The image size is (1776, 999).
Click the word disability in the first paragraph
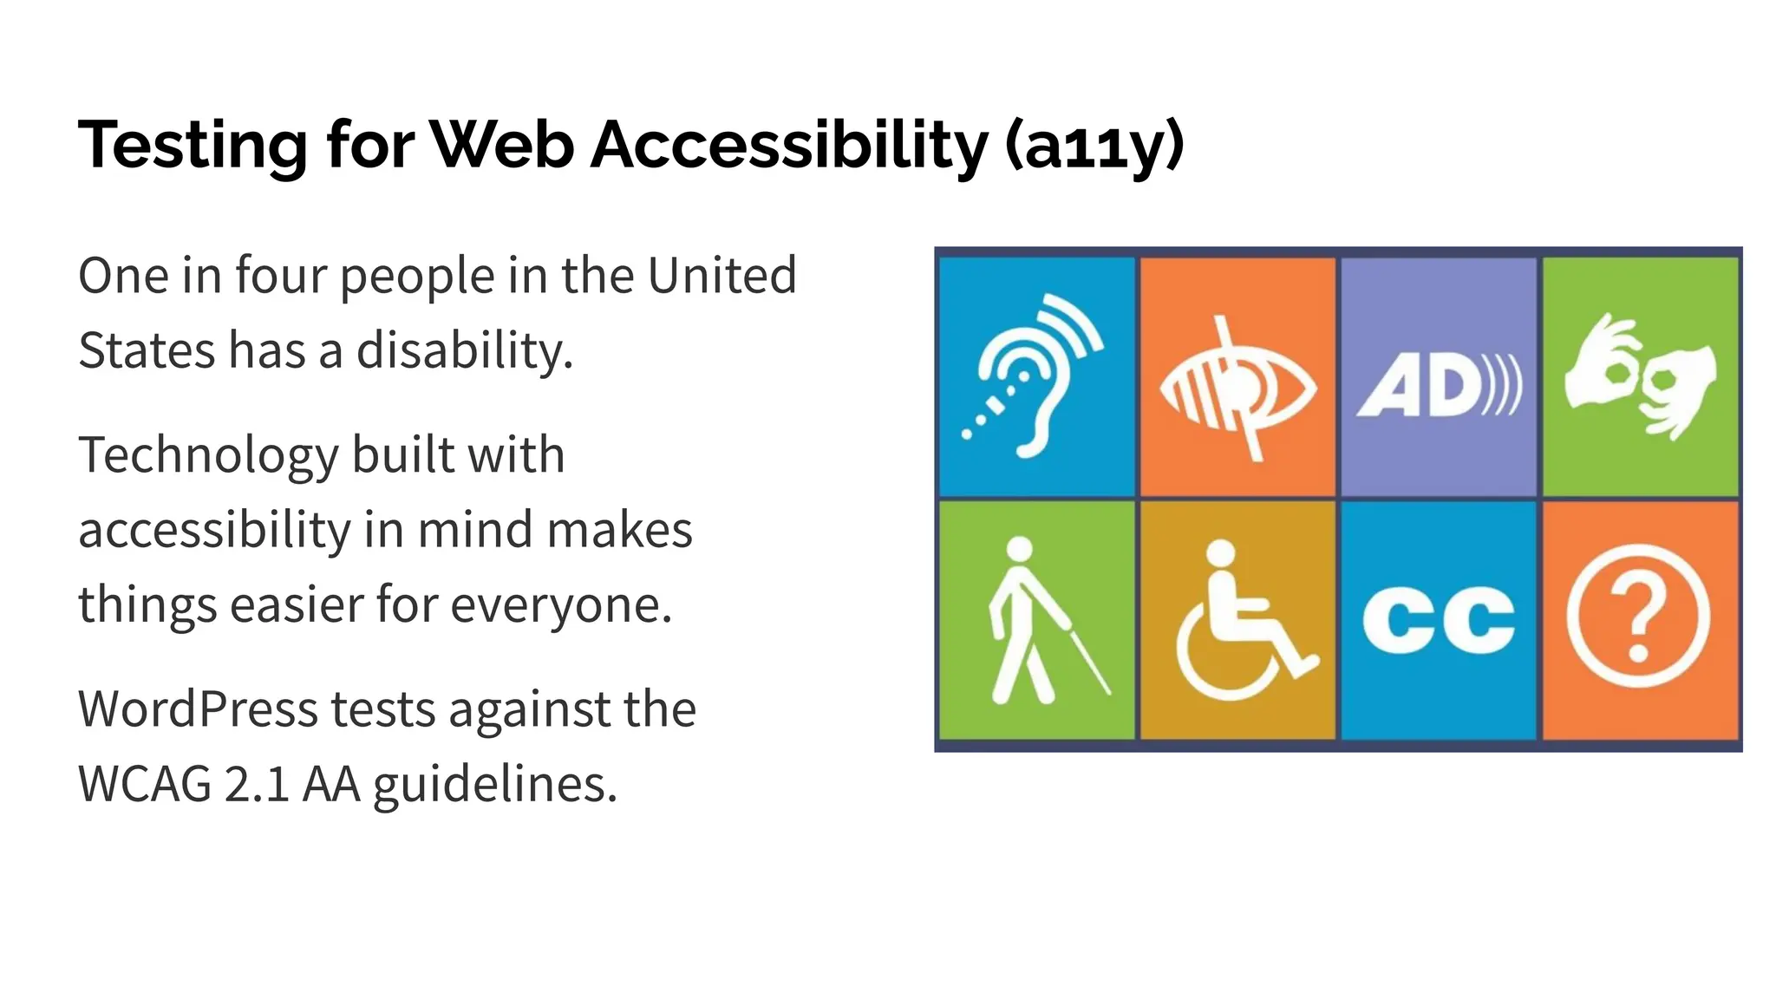(465, 351)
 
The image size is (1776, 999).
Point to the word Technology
(208, 456)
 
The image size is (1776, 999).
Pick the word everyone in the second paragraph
(561, 604)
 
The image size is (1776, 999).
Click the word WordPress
(198, 709)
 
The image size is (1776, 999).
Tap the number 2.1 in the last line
(257, 785)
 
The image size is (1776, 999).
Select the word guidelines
(495, 785)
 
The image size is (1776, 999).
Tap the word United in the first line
(721, 276)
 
